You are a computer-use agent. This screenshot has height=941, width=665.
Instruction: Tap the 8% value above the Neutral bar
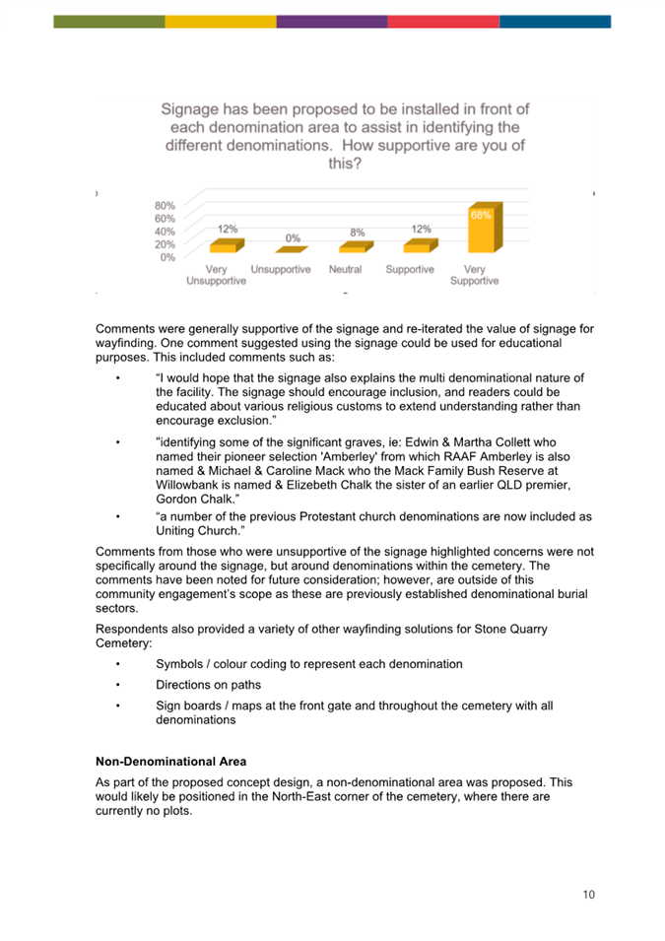(357, 233)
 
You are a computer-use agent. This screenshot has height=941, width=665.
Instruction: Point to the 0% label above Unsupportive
(293, 238)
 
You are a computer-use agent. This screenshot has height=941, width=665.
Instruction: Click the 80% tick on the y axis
(166, 206)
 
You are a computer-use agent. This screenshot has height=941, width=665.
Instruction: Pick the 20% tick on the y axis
(166, 244)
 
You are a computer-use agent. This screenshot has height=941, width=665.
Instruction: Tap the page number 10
(588, 895)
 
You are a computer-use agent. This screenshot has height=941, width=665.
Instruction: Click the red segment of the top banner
(443, 22)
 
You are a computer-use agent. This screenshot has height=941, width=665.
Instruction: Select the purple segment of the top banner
(332, 22)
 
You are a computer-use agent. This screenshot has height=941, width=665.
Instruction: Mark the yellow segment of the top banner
(221, 22)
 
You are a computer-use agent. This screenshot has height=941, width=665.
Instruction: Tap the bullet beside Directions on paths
(117, 685)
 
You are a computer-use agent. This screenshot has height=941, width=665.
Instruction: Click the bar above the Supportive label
(421, 246)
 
